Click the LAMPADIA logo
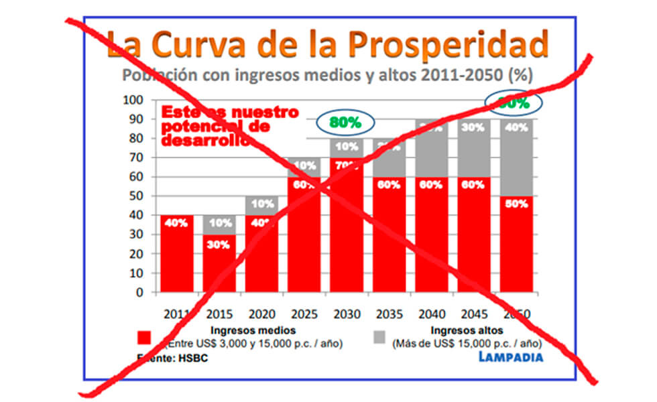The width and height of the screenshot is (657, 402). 511,356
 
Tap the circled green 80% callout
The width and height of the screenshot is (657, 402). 345,123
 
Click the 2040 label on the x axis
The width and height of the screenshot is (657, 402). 432,314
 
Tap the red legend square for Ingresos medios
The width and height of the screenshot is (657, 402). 143,336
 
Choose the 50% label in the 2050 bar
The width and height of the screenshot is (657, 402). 517,204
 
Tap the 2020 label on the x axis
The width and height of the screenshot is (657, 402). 261,314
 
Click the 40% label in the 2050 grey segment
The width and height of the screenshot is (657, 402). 517,127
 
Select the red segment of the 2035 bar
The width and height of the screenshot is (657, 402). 390,234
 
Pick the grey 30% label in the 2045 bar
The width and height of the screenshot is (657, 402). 474,127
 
